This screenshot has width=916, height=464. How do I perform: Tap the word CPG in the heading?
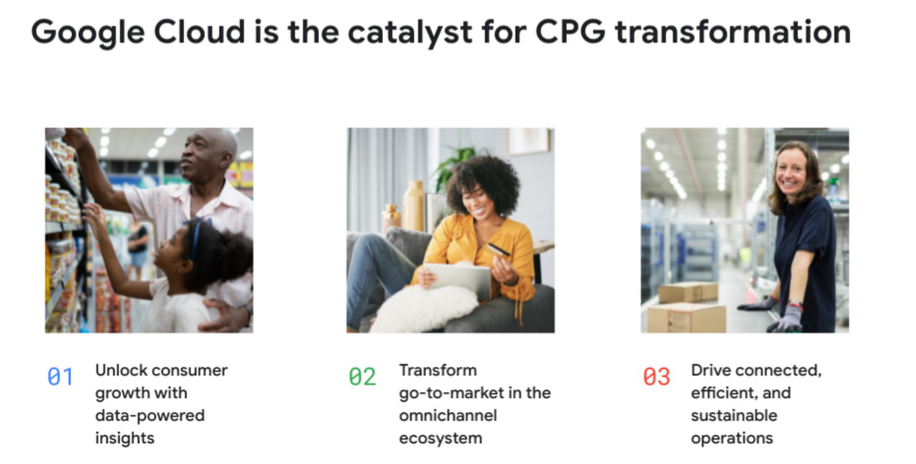click(570, 32)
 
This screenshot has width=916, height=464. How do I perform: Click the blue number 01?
click(60, 377)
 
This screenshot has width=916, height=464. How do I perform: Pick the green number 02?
click(362, 377)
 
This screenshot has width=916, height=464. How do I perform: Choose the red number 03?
click(657, 377)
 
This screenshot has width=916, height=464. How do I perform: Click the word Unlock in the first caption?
click(120, 370)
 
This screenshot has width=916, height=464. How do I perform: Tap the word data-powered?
click(150, 416)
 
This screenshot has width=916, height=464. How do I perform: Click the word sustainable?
click(734, 415)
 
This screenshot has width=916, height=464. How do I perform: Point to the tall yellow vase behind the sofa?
click(413, 206)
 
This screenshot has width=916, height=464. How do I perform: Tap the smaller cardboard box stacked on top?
click(688, 292)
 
